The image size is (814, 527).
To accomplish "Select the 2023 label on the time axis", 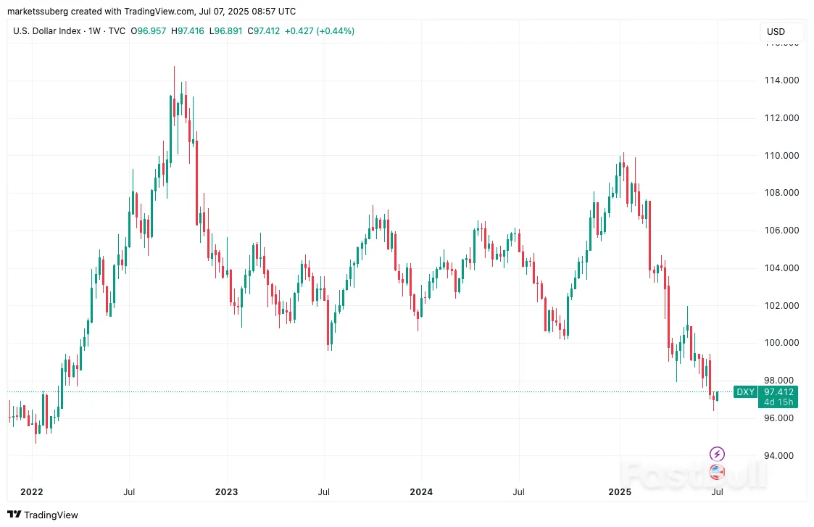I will click(226, 491).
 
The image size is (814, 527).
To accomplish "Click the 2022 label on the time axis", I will click(32, 491).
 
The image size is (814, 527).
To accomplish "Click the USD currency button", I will click(776, 32).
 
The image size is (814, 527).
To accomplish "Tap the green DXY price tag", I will click(746, 392).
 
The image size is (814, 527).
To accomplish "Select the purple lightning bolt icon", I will click(717, 455).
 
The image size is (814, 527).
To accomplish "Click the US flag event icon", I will click(717, 472).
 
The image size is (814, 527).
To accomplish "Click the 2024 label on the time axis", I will click(421, 491).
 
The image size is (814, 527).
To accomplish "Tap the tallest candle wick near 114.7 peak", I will click(174, 72).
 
